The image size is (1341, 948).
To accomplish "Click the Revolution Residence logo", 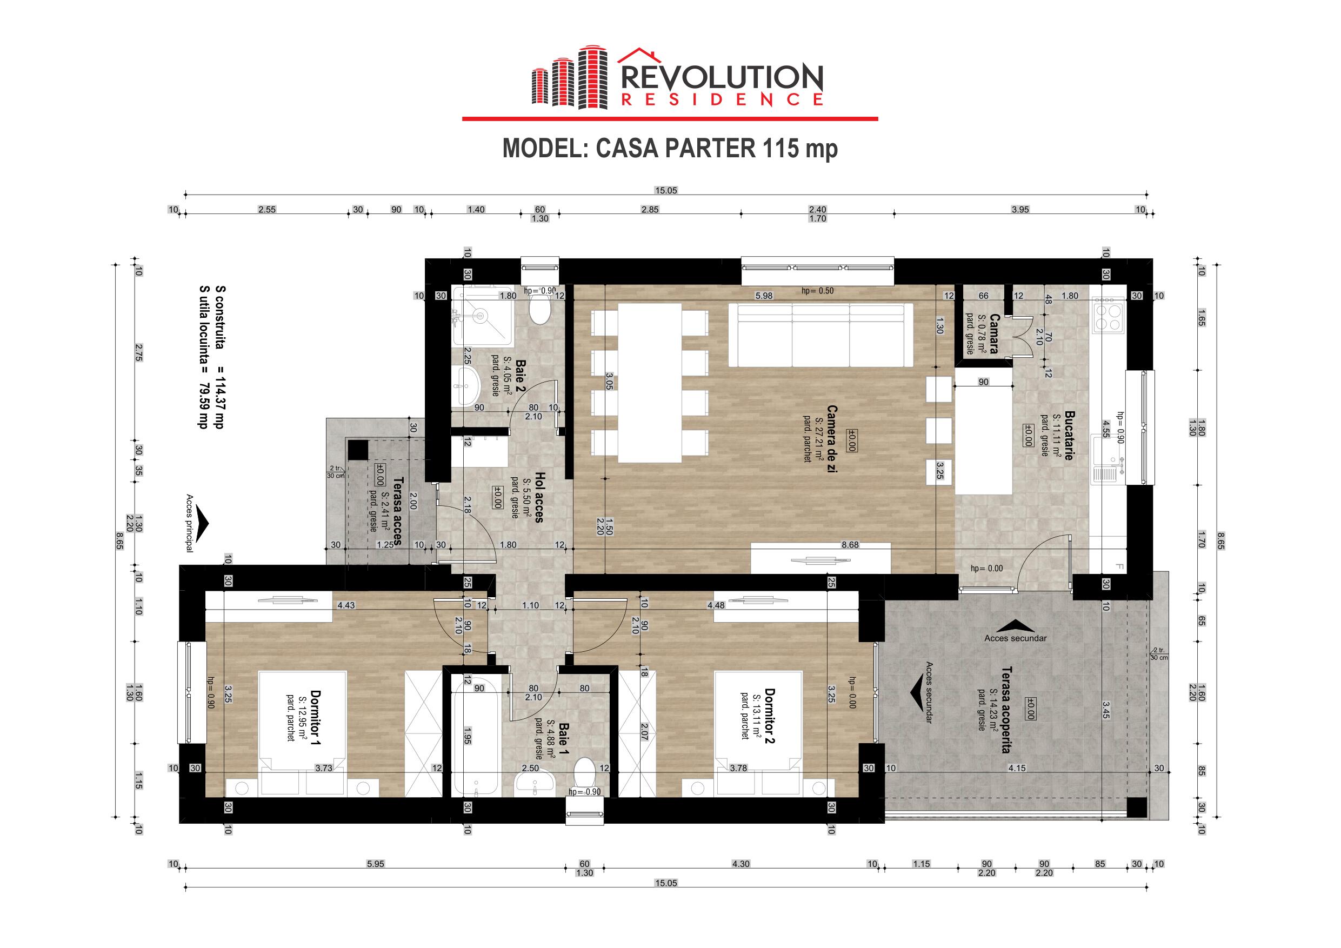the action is point(677,78).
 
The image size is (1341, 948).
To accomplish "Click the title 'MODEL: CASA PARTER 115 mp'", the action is point(670,149).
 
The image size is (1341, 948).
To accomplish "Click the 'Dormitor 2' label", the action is point(770,716).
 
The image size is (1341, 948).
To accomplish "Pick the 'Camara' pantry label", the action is point(993,333).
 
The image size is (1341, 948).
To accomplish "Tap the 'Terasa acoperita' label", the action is point(1006,710).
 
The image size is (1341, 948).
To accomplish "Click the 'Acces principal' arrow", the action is point(202,523).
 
